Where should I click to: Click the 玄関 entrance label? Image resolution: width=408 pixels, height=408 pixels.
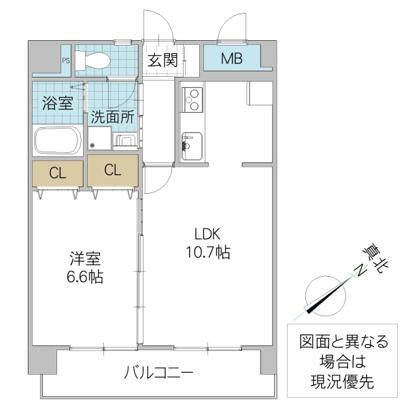click(163, 59)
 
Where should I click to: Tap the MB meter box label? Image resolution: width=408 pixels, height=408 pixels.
click(232, 58)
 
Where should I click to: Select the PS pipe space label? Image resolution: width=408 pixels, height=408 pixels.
click(66, 59)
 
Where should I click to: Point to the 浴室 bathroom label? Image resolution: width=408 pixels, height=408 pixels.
click(58, 104)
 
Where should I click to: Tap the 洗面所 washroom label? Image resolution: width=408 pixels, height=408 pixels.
click(112, 116)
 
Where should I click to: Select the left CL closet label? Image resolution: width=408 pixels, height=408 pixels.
click(58, 173)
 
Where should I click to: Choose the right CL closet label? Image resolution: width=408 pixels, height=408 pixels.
click(113, 170)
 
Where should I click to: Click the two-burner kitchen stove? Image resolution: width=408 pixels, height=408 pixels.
click(192, 99)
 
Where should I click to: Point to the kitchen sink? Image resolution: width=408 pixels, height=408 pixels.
click(191, 143)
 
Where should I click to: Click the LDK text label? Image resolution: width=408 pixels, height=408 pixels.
click(207, 235)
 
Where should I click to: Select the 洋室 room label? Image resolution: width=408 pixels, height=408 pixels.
click(84, 259)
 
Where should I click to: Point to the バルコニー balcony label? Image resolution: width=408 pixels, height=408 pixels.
click(158, 373)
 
